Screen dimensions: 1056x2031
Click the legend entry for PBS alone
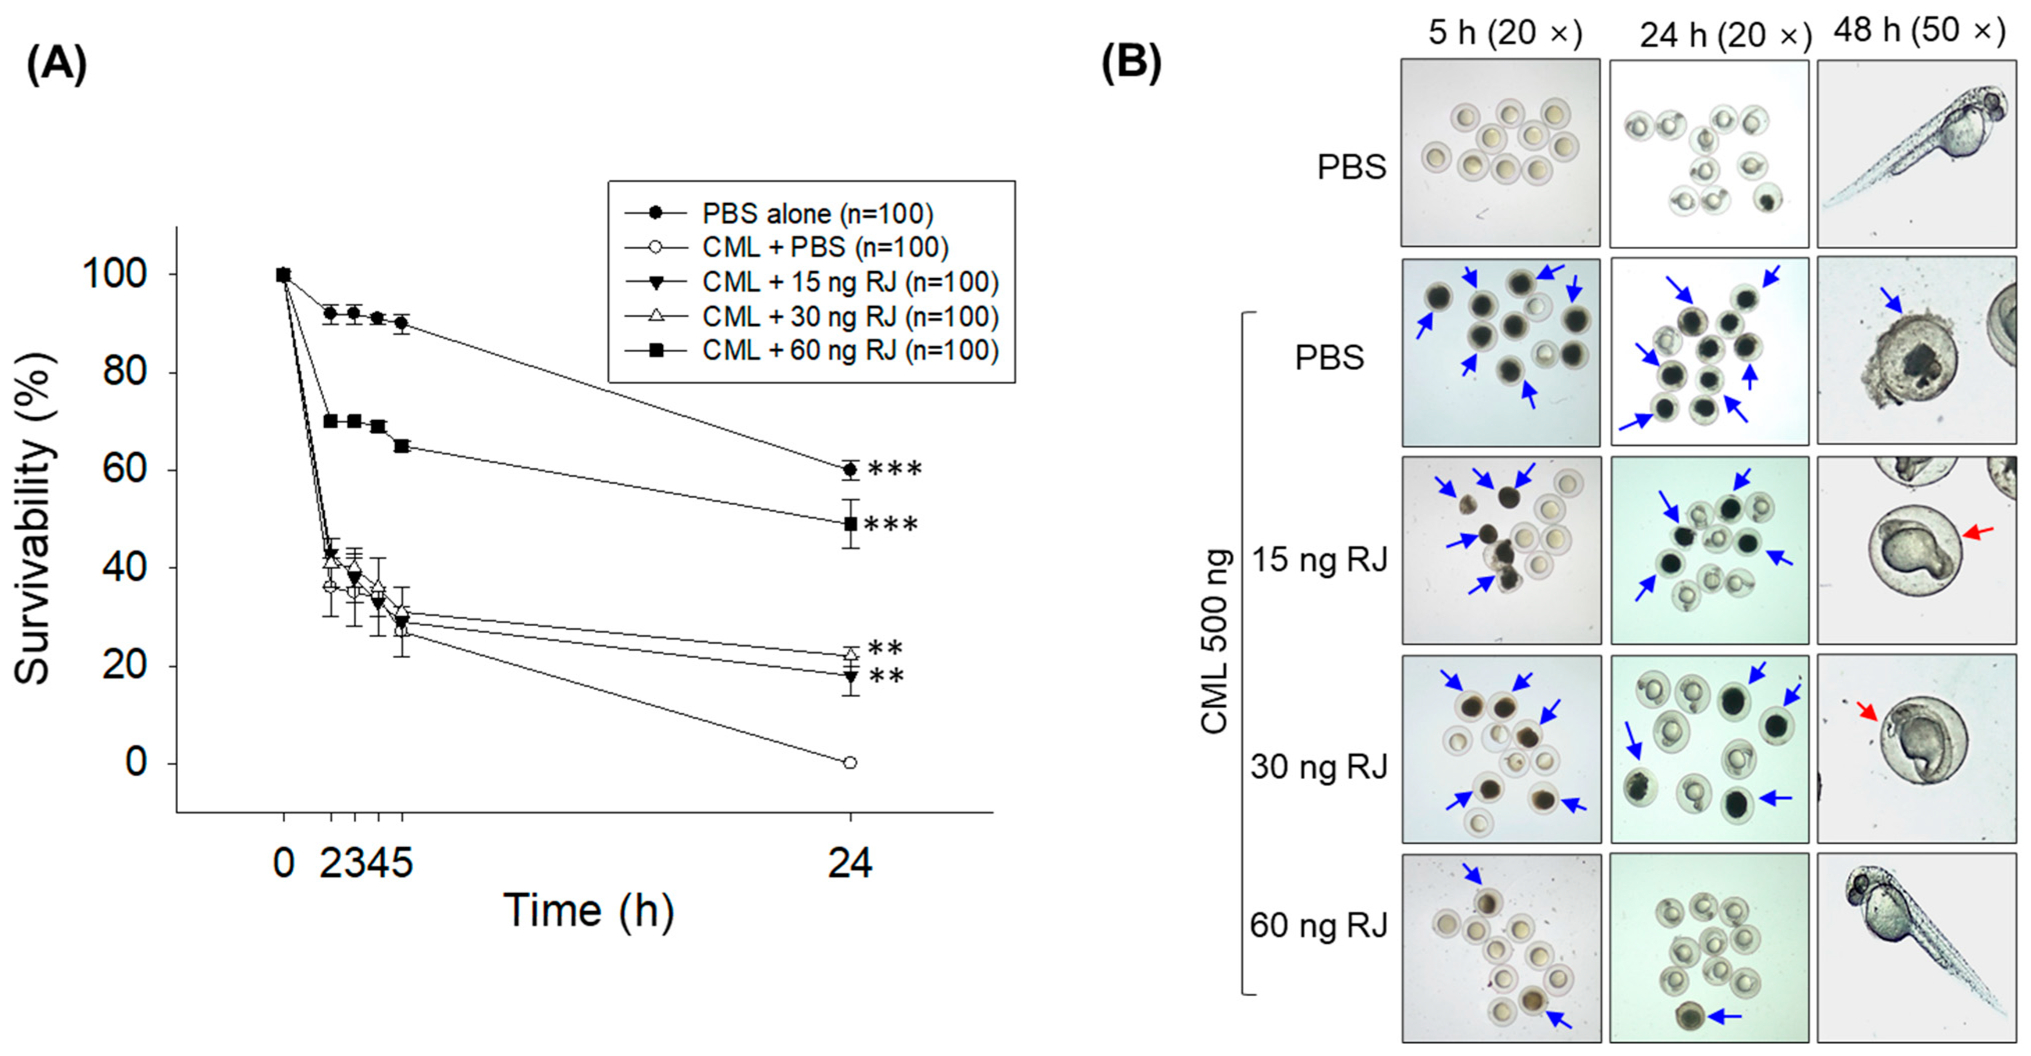[x=817, y=213]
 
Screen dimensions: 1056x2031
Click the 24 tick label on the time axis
[x=849, y=863]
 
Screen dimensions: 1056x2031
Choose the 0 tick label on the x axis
[x=284, y=863]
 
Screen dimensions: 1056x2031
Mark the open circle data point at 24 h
[x=849, y=762]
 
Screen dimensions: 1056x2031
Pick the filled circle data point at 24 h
[x=849, y=469]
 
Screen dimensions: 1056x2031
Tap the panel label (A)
[x=56, y=63]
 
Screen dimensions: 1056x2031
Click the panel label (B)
[x=1131, y=63]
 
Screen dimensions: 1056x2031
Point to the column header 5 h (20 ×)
[x=1504, y=33]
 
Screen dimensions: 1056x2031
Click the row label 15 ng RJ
[x=1319, y=559]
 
